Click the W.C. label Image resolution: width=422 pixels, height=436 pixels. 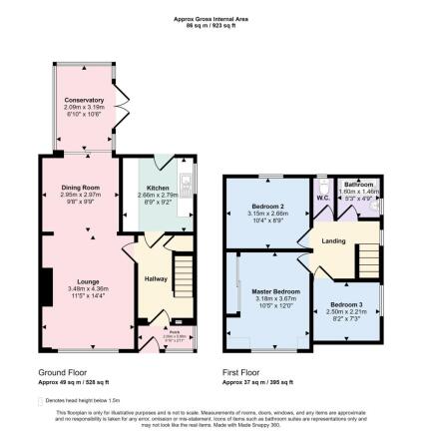click(x=321, y=196)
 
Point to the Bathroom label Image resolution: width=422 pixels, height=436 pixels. click(x=357, y=186)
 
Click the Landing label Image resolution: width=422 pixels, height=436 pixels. click(x=333, y=240)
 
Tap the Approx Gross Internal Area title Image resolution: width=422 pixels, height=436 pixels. click(x=211, y=18)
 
